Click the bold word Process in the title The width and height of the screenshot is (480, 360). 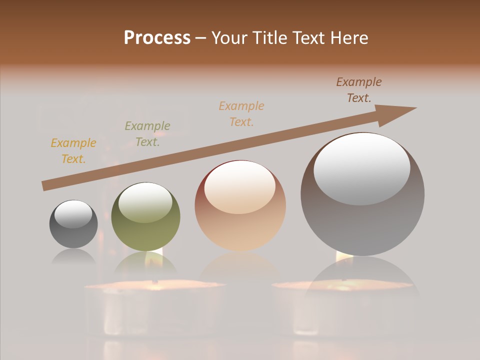[x=157, y=38]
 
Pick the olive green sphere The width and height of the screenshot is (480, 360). [x=145, y=217]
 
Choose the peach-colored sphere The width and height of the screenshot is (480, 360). [x=240, y=205]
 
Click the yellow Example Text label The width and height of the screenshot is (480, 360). [x=73, y=151]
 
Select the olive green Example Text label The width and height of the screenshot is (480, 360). [x=147, y=134]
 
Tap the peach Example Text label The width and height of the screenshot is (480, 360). [x=241, y=114]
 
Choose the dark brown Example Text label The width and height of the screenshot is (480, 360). [x=358, y=90]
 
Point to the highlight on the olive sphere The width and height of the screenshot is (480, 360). [x=145, y=202]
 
